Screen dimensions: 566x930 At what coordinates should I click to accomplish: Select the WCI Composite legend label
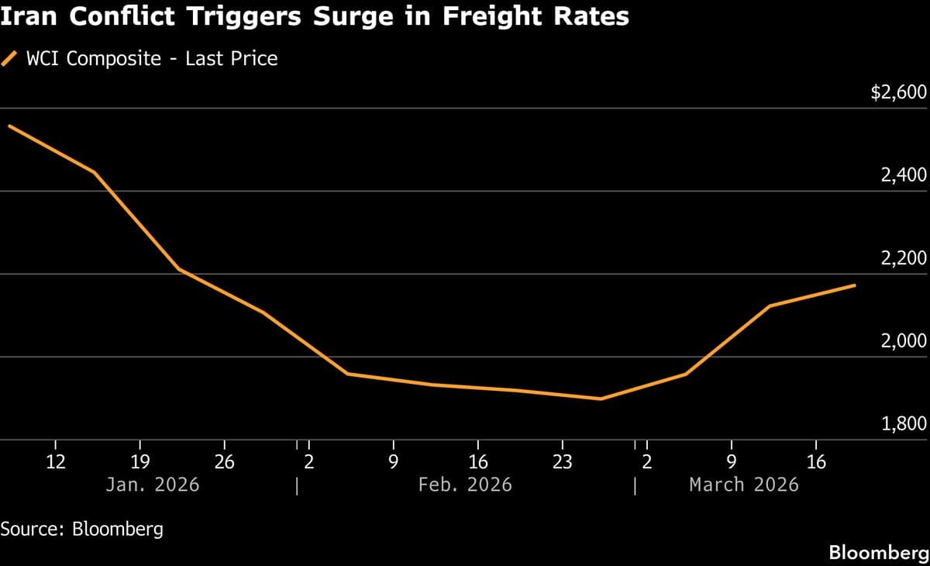(x=152, y=58)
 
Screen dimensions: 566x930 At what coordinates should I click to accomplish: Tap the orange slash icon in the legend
(x=10, y=58)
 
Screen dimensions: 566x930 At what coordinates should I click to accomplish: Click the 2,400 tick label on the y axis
(x=904, y=176)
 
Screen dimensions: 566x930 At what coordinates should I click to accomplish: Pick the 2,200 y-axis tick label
(x=904, y=259)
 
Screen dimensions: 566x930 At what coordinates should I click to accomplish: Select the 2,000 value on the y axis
(x=904, y=342)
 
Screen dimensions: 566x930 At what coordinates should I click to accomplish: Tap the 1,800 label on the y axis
(x=904, y=425)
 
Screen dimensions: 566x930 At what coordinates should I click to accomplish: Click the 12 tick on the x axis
(x=56, y=463)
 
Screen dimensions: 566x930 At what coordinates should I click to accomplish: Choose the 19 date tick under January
(x=139, y=463)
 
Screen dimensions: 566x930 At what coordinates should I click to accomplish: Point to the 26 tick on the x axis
(x=224, y=463)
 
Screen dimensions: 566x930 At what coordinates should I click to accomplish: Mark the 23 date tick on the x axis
(x=562, y=463)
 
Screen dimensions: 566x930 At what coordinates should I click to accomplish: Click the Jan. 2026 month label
(x=153, y=485)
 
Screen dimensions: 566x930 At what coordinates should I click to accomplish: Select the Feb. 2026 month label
(x=465, y=485)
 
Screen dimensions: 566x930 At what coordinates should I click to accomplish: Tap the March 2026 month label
(x=744, y=485)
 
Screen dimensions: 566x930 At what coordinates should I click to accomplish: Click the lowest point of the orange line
(x=601, y=399)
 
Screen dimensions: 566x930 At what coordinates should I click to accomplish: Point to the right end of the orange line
(x=855, y=285)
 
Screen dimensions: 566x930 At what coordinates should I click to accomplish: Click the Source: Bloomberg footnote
(x=82, y=530)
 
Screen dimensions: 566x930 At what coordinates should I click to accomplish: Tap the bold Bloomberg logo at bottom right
(x=879, y=553)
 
